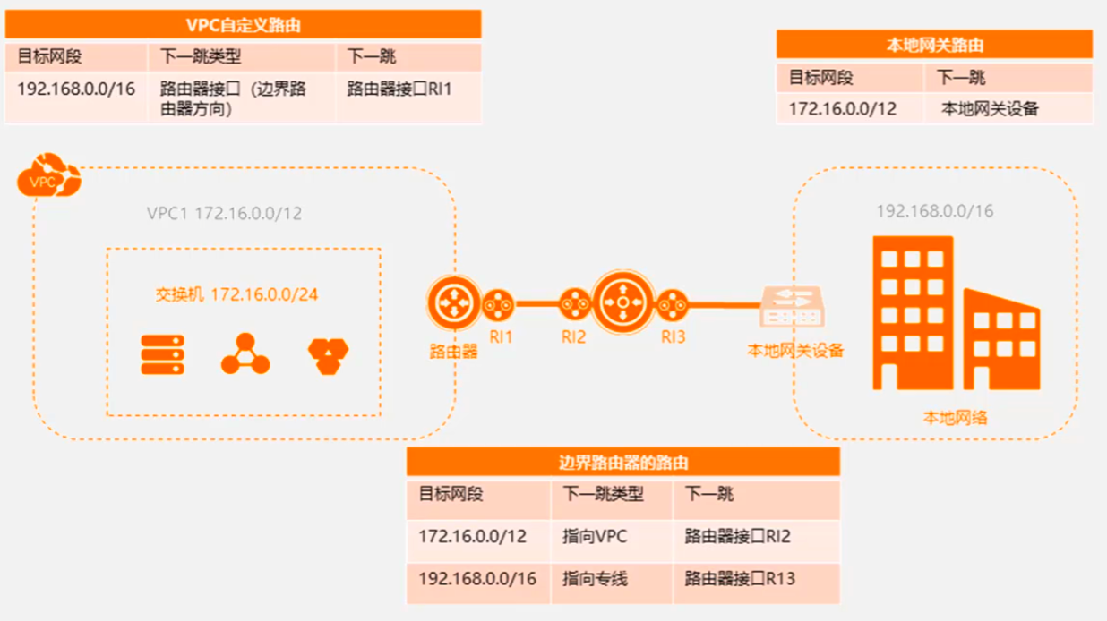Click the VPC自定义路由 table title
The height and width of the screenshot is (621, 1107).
click(x=243, y=25)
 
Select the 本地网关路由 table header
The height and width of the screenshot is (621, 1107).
click(x=934, y=45)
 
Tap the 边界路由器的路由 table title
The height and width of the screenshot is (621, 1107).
click(x=622, y=462)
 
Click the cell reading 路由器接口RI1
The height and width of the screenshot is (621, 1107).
click(x=399, y=89)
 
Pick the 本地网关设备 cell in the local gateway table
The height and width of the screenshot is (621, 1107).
click(x=990, y=109)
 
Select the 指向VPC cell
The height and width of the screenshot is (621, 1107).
click(x=595, y=537)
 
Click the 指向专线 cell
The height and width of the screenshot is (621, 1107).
click(x=595, y=579)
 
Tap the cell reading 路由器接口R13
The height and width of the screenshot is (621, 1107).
click(x=740, y=579)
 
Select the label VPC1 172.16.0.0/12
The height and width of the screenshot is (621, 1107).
click(x=224, y=214)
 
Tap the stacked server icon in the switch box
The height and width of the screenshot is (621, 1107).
click(x=163, y=354)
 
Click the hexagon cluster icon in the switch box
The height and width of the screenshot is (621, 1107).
click(x=329, y=355)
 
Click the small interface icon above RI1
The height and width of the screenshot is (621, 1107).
click(x=500, y=305)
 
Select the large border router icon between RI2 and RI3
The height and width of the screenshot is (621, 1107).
click(x=622, y=304)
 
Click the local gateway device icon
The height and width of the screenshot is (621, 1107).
click(x=791, y=306)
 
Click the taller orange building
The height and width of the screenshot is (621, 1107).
click(x=912, y=313)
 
